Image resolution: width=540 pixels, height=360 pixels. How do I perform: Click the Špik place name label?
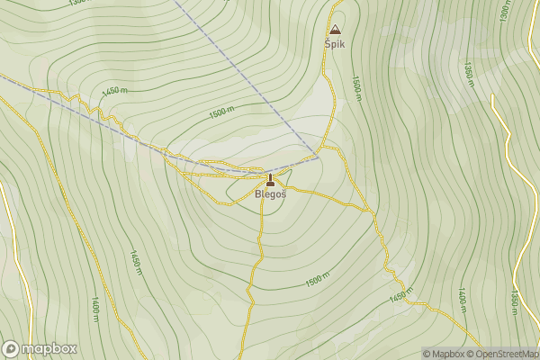(335, 42)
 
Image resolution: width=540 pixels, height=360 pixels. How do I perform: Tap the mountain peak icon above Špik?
(336, 29)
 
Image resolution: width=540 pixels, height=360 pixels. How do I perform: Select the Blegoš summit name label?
(270, 193)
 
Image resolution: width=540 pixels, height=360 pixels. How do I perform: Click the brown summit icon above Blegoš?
(270, 178)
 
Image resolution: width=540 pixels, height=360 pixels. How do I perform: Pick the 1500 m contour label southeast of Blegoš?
(318, 280)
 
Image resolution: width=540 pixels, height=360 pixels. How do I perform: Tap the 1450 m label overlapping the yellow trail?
(402, 294)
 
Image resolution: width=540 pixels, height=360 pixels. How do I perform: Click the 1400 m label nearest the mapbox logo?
(94, 309)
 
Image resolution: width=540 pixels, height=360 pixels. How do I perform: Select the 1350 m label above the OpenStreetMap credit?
(516, 302)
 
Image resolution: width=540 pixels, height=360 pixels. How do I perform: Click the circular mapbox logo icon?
(11, 348)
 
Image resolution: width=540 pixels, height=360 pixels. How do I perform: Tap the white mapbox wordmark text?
(49, 348)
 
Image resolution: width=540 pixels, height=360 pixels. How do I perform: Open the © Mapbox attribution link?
(443, 354)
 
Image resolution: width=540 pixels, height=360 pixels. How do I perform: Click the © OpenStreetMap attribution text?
(501, 354)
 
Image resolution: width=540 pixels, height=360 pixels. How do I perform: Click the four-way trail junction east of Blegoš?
(372, 211)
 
